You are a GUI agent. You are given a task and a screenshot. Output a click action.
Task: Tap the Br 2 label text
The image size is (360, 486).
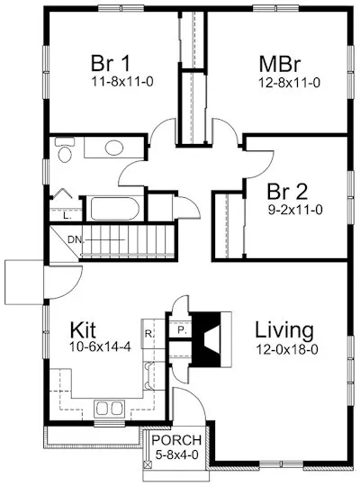click(x=289, y=191)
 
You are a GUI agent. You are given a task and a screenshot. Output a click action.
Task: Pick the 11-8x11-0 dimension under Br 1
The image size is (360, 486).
click(x=112, y=81)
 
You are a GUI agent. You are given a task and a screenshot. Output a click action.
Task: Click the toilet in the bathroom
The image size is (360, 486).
click(x=65, y=152)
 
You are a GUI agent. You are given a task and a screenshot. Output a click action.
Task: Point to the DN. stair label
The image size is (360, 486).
click(x=77, y=239)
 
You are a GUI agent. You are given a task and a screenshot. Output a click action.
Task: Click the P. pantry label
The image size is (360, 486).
click(x=181, y=330)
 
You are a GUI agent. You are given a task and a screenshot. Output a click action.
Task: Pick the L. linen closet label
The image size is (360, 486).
click(x=67, y=215)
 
